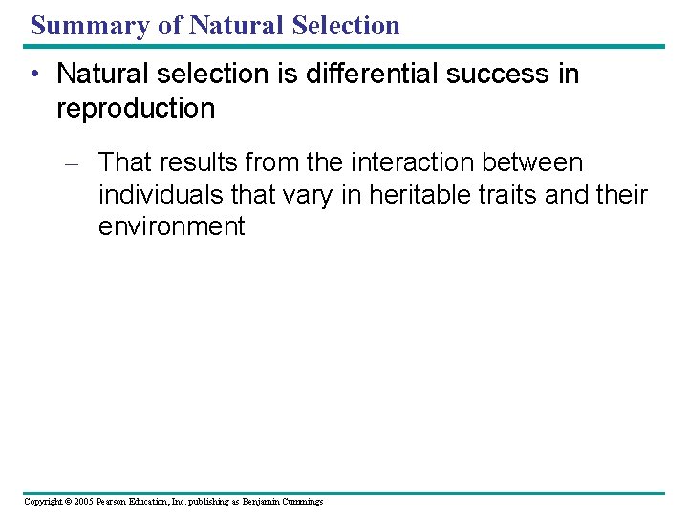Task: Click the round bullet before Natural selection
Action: [36, 75]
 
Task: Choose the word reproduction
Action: [136, 108]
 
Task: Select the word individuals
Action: [163, 195]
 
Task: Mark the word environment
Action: [171, 227]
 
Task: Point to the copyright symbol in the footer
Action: [69, 502]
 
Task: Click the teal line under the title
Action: [344, 45]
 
